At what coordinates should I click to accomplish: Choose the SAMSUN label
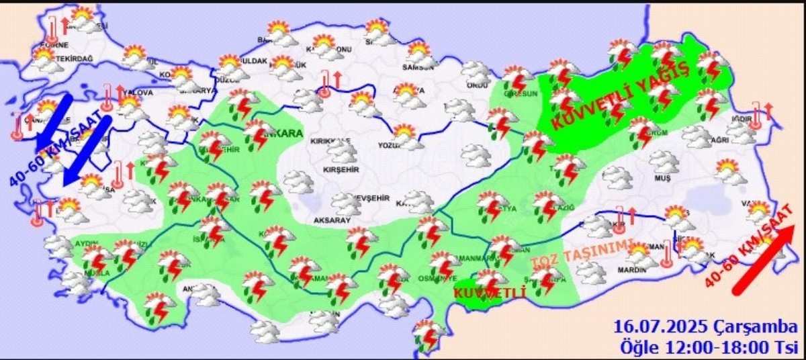click(415, 66)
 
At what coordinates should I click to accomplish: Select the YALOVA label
click(138, 93)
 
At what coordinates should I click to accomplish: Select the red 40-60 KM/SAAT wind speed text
click(746, 252)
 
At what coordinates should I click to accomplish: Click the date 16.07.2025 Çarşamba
click(703, 327)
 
